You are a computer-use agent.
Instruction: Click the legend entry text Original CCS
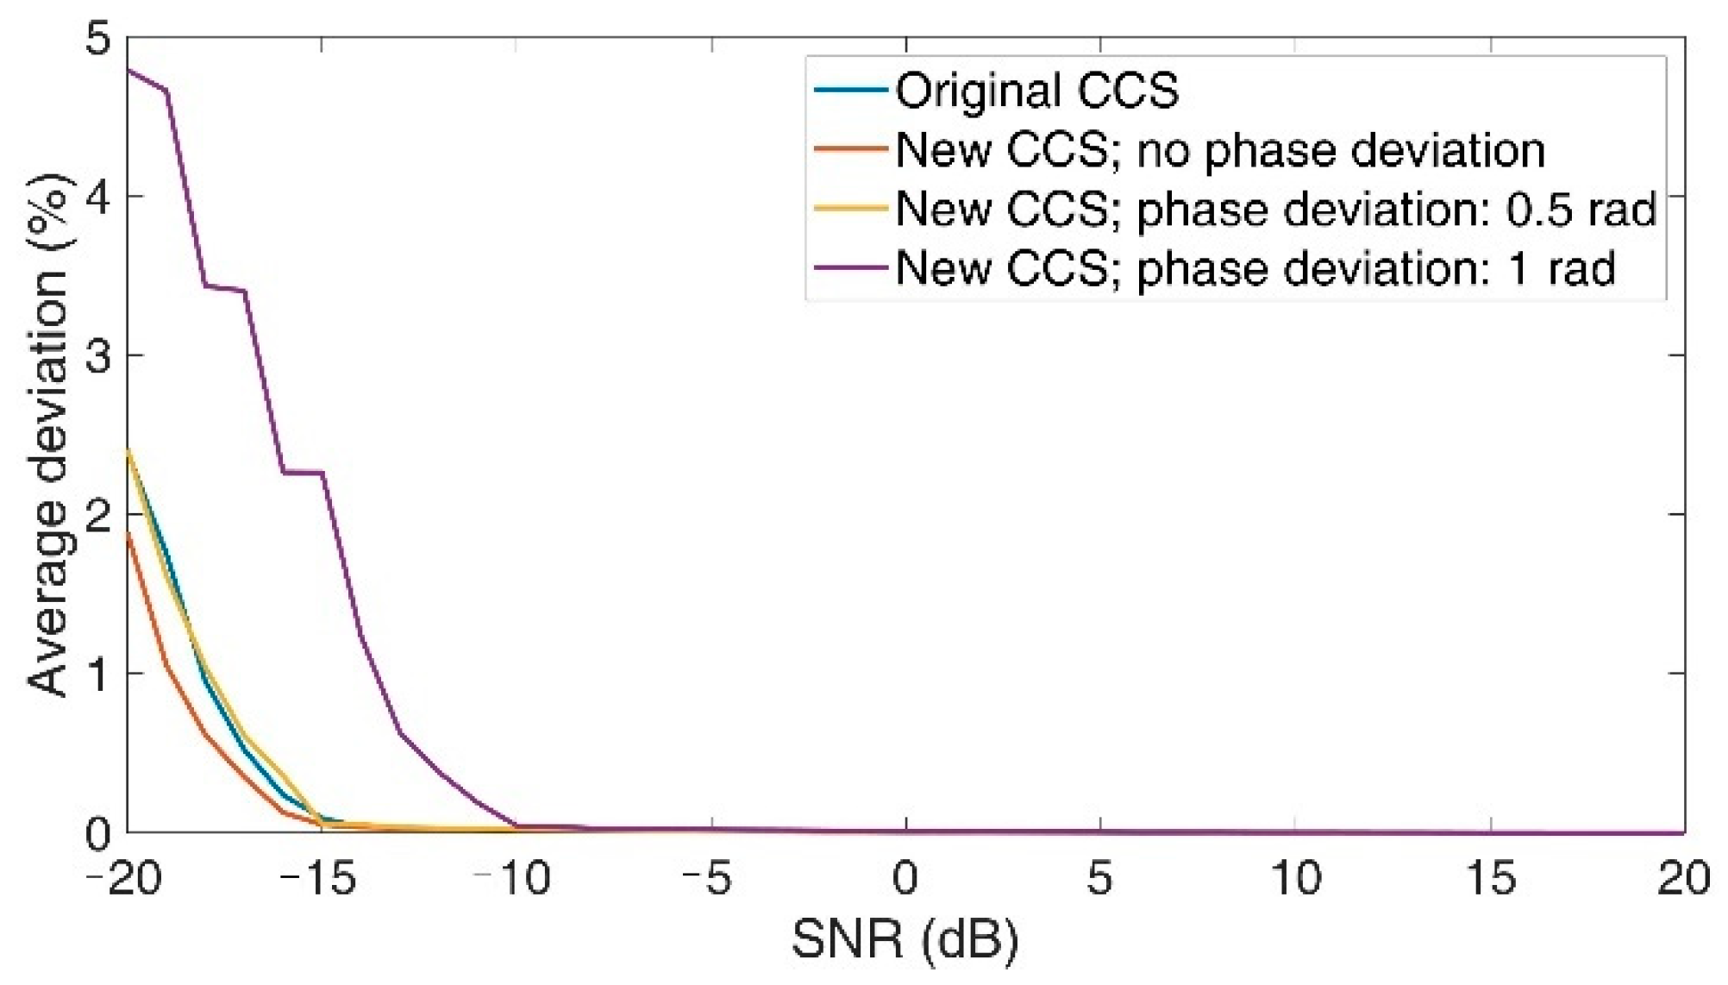pos(1036,91)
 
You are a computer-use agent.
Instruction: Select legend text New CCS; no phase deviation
pos(1219,150)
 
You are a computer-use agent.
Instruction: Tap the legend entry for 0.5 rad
pos(1275,210)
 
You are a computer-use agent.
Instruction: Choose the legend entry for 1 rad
pos(1255,268)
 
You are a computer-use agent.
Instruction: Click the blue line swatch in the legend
pos(849,91)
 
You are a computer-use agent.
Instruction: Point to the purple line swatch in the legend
pos(849,268)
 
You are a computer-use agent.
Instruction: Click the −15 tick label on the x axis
pos(318,880)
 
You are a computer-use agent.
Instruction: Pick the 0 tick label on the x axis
pos(905,880)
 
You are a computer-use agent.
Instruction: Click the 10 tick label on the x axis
pos(1295,880)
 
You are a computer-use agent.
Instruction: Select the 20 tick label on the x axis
pos(1683,880)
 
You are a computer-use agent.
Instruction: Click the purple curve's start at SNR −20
pos(128,69)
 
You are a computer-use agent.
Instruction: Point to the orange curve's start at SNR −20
pos(128,534)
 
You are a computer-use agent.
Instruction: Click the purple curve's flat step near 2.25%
pos(304,472)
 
